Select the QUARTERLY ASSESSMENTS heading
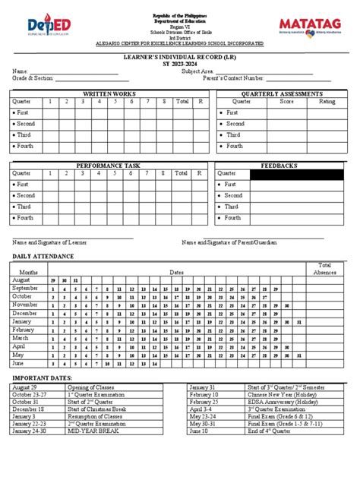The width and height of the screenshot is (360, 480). (x=280, y=93)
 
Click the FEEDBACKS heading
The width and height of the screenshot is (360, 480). (x=280, y=165)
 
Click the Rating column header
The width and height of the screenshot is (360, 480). (x=327, y=101)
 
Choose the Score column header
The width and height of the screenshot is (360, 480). (x=287, y=101)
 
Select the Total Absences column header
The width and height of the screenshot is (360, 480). (x=326, y=268)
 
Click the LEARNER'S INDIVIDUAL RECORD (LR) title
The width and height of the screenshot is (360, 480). (x=180, y=57)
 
